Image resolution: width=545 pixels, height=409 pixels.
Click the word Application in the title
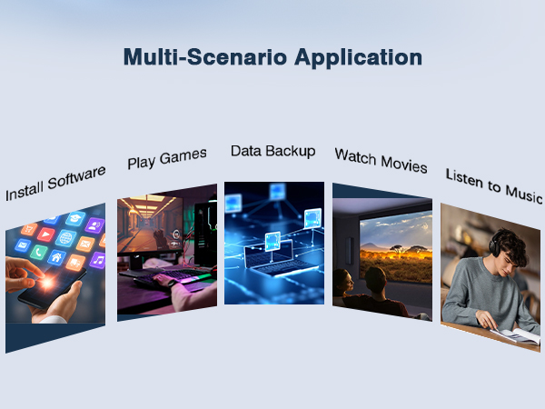(x=359, y=58)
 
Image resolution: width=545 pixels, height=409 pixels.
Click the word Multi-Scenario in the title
(x=205, y=56)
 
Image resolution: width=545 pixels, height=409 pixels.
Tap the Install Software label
(x=55, y=184)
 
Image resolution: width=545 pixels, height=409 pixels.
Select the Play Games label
(x=167, y=158)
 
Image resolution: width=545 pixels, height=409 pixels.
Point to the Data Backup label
(x=273, y=151)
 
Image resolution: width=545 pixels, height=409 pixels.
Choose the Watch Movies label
(x=381, y=160)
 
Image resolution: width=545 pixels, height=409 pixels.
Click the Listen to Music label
(x=494, y=185)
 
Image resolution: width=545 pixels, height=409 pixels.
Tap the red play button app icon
(x=46, y=234)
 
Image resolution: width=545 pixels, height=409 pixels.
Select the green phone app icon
(x=39, y=252)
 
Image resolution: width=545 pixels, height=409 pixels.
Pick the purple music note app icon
(x=98, y=260)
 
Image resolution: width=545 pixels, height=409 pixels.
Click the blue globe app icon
(x=65, y=238)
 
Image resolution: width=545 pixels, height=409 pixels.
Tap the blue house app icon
(x=56, y=257)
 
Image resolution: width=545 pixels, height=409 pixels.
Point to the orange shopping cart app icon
(x=29, y=229)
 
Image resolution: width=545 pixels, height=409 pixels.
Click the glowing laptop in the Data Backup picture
(x=276, y=258)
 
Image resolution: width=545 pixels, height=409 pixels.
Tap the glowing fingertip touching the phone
(x=46, y=282)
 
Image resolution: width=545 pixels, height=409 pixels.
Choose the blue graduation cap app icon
(x=75, y=218)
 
